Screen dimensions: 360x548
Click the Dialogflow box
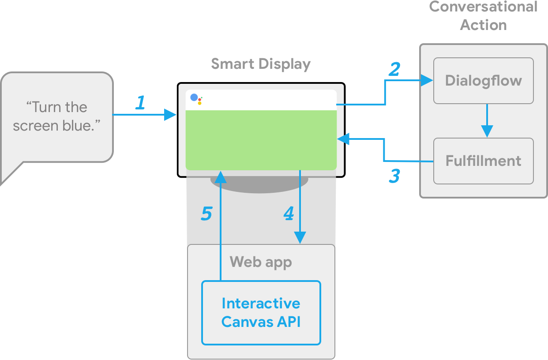coord(484,81)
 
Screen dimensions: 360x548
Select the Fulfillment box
coord(484,161)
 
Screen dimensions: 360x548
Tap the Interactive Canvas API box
coord(261,312)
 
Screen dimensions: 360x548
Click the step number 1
coord(140,103)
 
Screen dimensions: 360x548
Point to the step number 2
coord(394,69)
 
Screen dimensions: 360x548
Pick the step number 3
coord(394,176)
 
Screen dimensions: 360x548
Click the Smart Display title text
coord(261,64)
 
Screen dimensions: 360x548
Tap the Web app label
coord(261,262)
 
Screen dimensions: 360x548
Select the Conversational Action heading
coord(484,15)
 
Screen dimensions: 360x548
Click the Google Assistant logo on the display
coord(196,99)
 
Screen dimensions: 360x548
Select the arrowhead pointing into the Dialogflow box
coord(427,80)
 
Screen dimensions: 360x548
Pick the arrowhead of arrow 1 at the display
coord(171,115)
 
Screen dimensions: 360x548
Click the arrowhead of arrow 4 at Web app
coord(300,238)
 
